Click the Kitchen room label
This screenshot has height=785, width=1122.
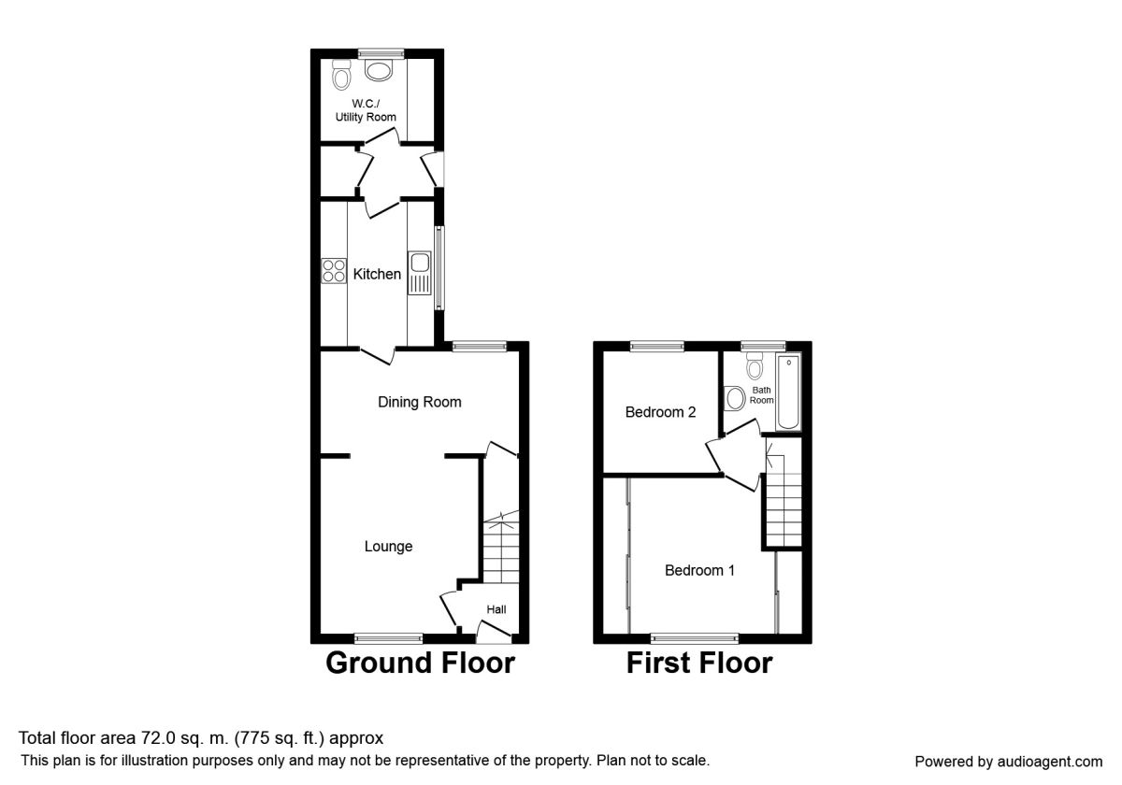377,274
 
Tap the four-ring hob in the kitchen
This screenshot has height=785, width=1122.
334,271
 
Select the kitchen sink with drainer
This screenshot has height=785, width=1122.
419,272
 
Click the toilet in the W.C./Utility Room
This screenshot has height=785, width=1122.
341,75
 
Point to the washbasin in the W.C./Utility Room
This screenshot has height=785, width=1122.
379,70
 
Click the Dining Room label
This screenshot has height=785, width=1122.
419,402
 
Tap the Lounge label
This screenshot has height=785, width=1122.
388,546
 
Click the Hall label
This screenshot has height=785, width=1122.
496,609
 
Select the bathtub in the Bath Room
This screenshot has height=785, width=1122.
788,392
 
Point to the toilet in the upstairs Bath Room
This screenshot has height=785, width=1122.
755,365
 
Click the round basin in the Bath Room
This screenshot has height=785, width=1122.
735,398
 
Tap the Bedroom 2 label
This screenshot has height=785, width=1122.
660,412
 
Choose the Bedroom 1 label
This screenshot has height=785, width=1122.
699,570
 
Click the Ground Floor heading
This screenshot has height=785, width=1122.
420,663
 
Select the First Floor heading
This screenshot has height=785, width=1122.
699,663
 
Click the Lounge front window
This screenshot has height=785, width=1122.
388,637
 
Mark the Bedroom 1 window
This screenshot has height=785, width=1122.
694,637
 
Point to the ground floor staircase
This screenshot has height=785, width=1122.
501,547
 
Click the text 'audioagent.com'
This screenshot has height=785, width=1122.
1050,762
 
